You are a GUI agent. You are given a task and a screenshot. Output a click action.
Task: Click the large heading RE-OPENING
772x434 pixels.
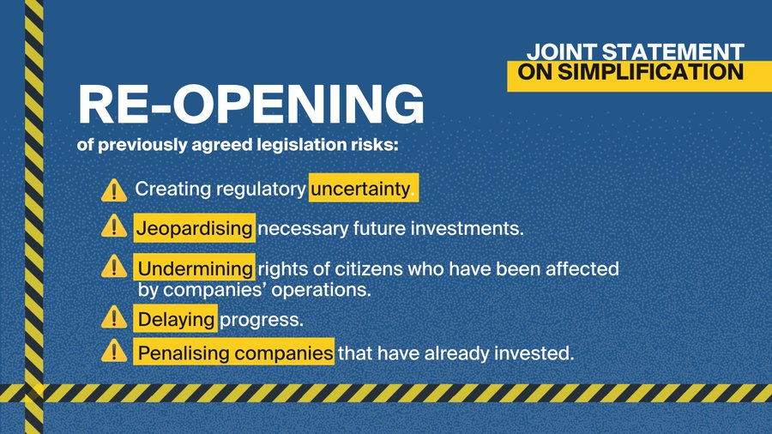[251, 106]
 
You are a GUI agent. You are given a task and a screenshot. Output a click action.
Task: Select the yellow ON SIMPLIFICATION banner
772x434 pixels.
[624, 74]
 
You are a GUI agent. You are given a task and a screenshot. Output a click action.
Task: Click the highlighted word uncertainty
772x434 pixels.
[359, 189]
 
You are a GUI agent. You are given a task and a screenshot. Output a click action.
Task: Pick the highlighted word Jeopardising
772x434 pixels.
[195, 228]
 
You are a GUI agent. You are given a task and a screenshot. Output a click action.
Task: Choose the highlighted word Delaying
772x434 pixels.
[176, 319]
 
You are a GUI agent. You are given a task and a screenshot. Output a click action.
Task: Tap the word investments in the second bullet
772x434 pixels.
[471, 229]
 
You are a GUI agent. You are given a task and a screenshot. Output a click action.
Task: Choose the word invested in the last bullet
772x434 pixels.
[537, 353]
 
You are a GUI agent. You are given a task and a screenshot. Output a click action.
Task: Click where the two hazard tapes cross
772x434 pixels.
[33, 393]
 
